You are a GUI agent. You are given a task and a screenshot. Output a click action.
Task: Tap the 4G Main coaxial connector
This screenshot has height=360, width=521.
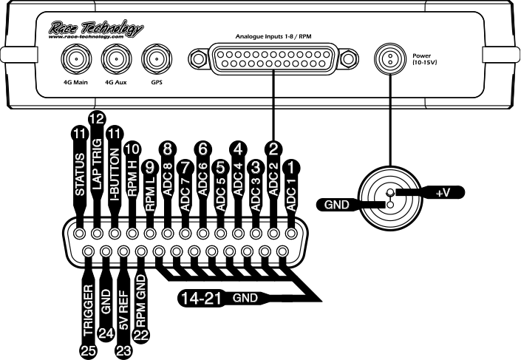click(75, 58)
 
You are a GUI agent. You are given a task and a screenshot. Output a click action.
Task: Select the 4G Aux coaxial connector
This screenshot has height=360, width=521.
click(114, 58)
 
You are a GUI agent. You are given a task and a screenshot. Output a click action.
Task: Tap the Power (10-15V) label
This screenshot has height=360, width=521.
click(426, 60)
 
